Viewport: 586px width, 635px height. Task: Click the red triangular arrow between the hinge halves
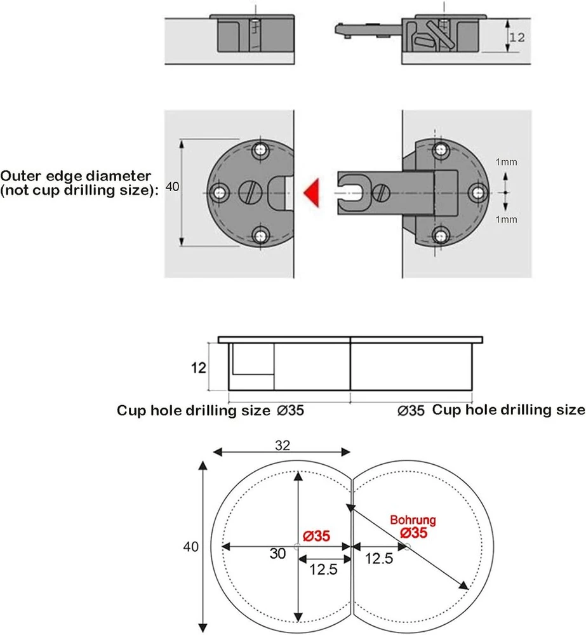pyautogui.click(x=312, y=193)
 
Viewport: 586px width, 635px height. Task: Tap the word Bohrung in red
pyautogui.click(x=413, y=520)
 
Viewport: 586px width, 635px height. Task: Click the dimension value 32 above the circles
pyautogui.click(x=283, y=446)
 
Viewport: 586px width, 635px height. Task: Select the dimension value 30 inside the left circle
pyautogui.click(x=277, y=554)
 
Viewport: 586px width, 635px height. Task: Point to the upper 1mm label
pyautogui.click(x=506, y=163)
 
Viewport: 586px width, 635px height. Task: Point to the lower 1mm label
pyautogui.click(x=506, y=220)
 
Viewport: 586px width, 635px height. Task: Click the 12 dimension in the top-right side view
pyautogui.click(x=517, y=37)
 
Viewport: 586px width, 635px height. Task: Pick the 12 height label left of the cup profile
pyautogui.click(x=199, y=368)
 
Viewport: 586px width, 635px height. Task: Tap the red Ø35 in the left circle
pyautogui.click(x=316, y=536)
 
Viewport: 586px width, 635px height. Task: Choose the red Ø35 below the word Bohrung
pyautogui.click(x=413, y=533)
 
